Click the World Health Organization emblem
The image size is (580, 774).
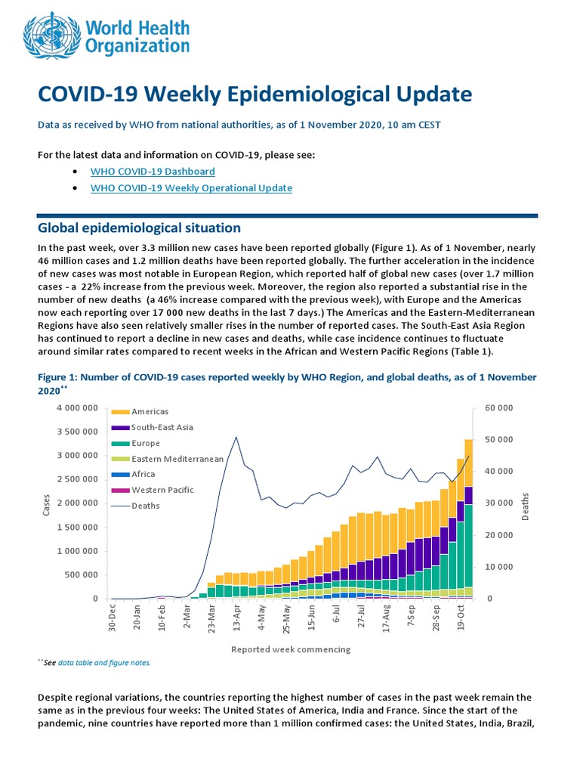[x=53, y=35]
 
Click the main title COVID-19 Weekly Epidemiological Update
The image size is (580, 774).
[x=255, y=94]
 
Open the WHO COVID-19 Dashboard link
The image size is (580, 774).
[x=153, y=172]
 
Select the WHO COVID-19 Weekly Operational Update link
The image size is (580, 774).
[x=190, y=188]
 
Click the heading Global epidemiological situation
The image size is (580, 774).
[x=139, y=228]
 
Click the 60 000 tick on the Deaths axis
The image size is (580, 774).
[x=498, y=408]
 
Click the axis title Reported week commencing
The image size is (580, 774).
[x=291, y=649]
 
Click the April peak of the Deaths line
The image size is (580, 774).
[x=236, y=437]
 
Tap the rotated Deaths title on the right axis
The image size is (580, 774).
[x=526, y=506]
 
